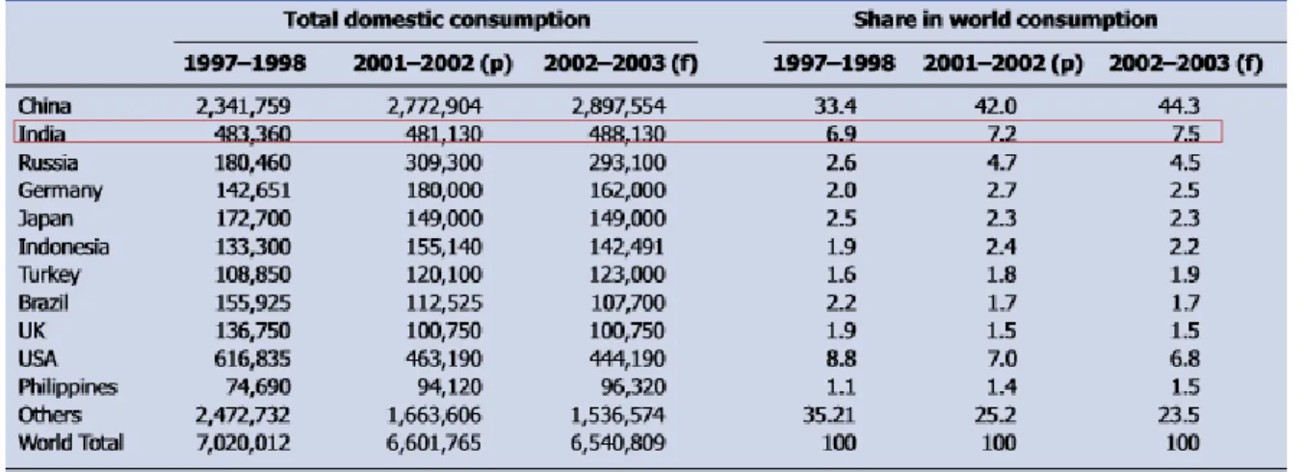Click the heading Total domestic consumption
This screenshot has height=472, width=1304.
[437, 20]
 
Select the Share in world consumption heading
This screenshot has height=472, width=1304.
[1005, 20]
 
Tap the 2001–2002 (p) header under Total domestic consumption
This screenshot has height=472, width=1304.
[433, 64]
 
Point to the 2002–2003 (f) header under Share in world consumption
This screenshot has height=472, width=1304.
[1186, 64]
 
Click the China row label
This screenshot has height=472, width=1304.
[44, 106]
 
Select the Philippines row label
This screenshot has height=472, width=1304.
[67, 387]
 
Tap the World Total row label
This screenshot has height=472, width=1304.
[70, 443]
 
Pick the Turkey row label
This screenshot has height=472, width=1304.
[49, 275]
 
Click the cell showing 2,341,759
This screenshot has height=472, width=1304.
[243, 106]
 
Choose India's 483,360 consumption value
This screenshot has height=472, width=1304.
[252, 135]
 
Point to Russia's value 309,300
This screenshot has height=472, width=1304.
[444, 163]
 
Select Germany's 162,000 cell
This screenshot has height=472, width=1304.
[627, 191]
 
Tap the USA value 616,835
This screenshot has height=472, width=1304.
[252, 358]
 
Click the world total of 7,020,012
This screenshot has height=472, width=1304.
[243, 443]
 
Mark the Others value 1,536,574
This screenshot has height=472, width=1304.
[617, 415]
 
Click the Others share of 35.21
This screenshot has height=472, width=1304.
[829, 415]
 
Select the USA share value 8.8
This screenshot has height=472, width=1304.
[841, 358]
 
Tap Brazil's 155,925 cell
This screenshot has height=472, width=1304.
[252, 302]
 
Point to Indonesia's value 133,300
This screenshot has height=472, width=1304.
[252, 247]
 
